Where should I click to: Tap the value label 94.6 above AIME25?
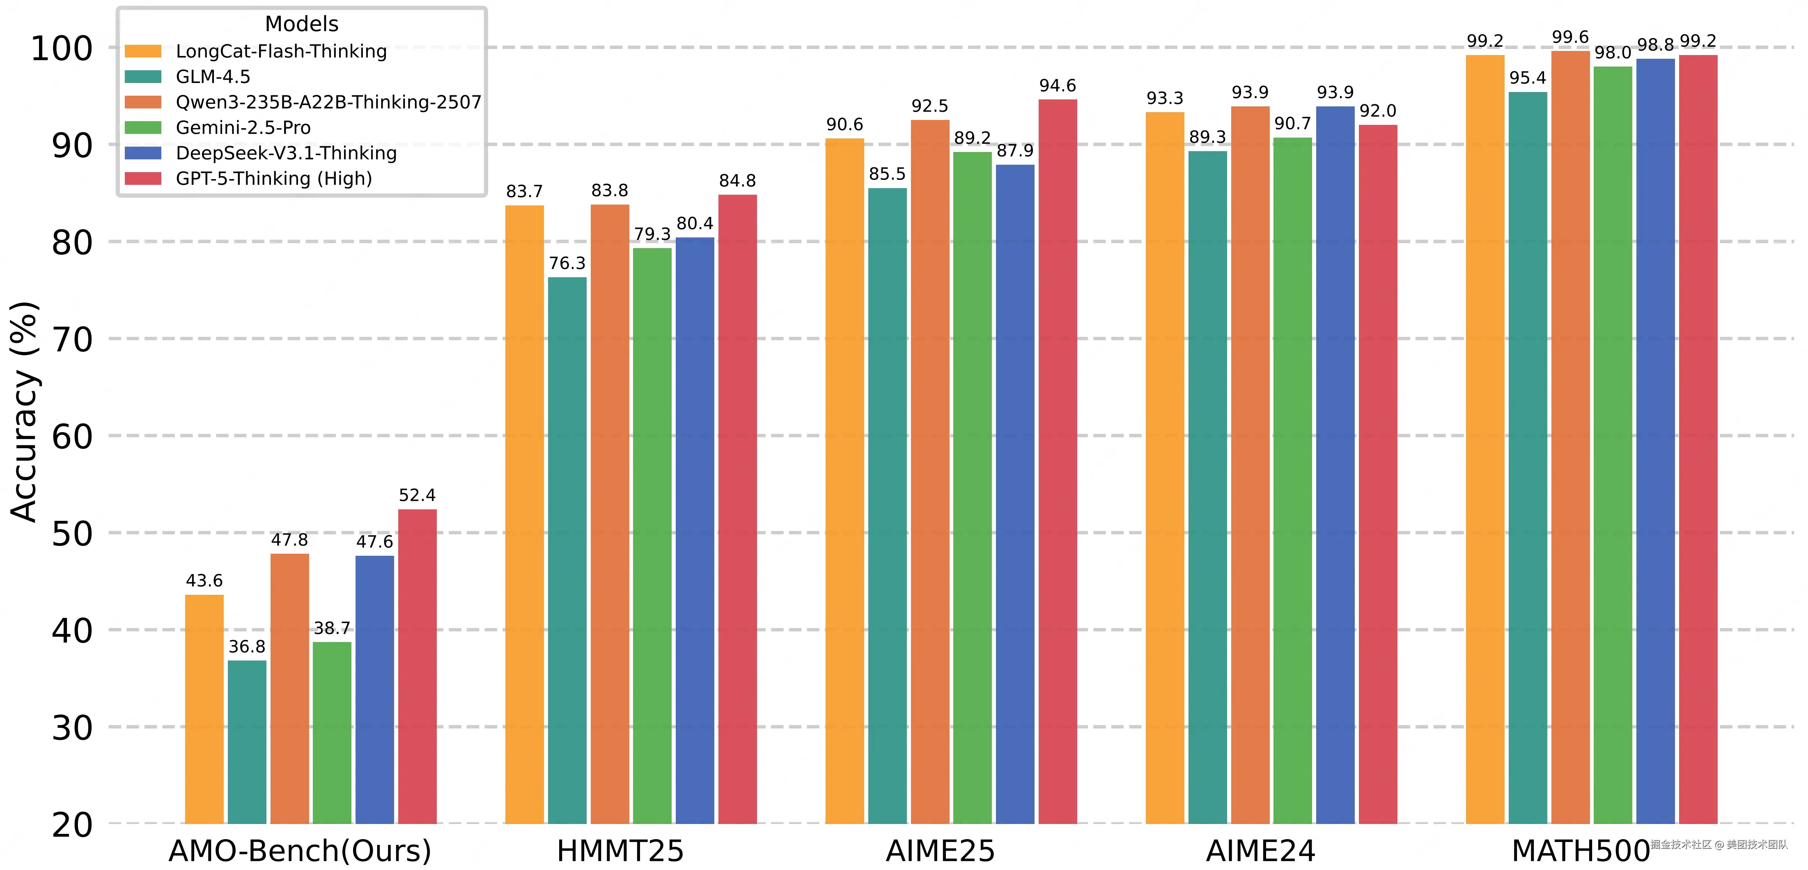1057,86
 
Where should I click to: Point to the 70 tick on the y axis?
72,340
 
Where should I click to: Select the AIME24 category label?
1260,850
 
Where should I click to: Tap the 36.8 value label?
247,647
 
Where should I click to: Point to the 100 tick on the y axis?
62,48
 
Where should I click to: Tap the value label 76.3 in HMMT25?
567,263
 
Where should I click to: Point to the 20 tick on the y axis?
72,825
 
